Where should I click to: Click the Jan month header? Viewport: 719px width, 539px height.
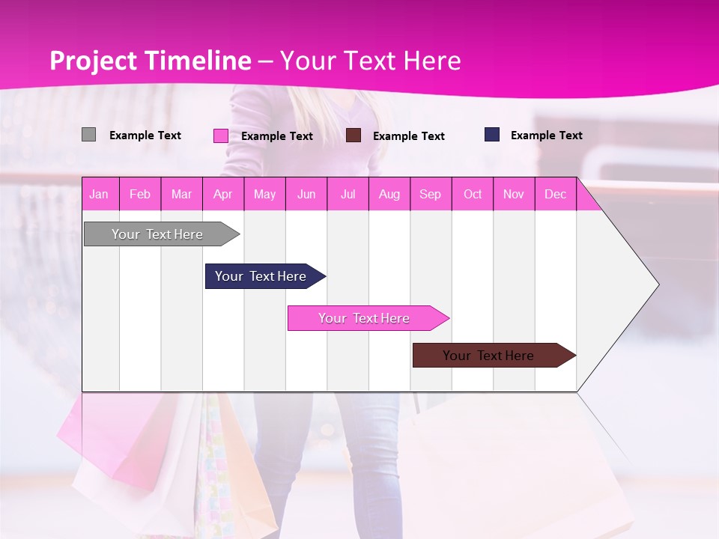(x=99, y=195)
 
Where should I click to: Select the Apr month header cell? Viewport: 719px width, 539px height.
(x=223, y=195)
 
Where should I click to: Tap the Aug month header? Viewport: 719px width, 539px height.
(x=389, y=195)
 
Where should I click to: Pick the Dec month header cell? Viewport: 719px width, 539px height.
(x=556, y=195)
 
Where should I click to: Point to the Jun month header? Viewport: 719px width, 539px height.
(x=306, y=195)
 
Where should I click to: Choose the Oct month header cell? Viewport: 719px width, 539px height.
(x=473, y=195)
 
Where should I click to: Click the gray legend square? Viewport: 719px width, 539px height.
(x=88, y=135)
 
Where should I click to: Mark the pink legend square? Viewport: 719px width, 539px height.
(x=220, y=135)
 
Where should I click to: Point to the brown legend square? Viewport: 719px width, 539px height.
(x=354, y=135)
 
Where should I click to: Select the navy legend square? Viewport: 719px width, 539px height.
(x=491, y=135)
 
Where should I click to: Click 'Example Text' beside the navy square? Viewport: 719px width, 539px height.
(x=546, y=135)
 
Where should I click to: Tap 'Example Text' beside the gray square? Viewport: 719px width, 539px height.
(x=145, y=135)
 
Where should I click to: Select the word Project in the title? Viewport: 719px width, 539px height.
(x=94, y=61)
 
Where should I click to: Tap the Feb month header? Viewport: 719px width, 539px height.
(x=140, y=195)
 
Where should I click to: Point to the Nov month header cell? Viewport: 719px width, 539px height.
(x=514, y=195)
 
